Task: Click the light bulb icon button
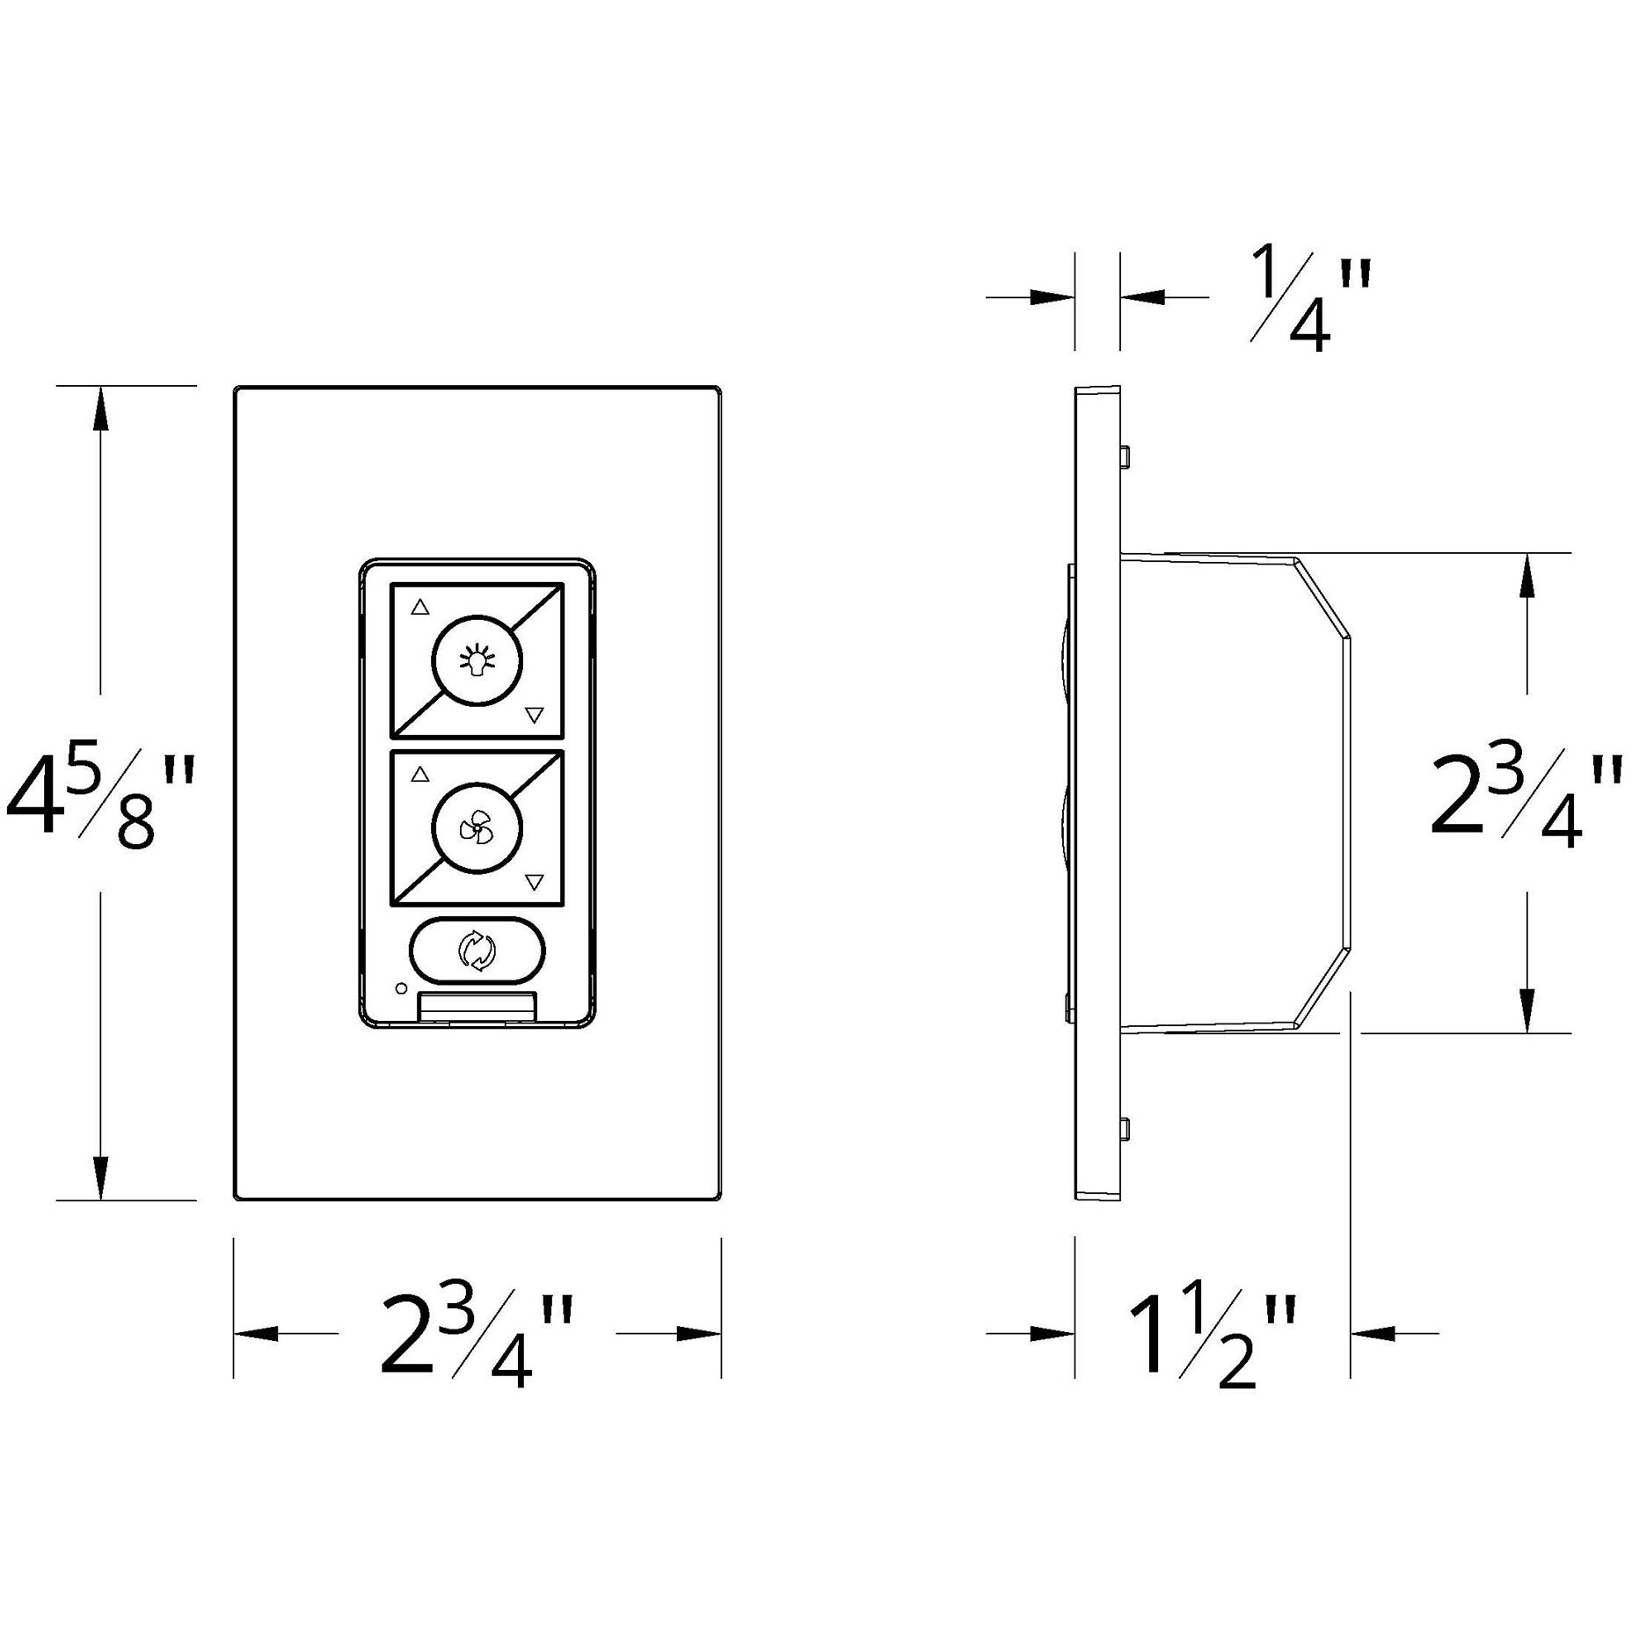[x=477, y=659]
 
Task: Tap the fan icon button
[x=477, y=827]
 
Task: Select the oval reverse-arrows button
[x=477, y=951]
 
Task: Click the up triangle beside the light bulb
[x=420, y=607]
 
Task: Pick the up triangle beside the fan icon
[x=420, y=775]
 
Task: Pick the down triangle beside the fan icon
[x=534, y=881]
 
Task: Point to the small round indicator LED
[x=401, y=988]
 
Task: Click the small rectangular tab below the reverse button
[x=477, y=1006]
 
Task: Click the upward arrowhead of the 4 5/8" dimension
[x=100, y=410]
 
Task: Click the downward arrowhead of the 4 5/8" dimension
[x=100, y=1177]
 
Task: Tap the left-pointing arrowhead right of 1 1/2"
[x=1372, y=1334]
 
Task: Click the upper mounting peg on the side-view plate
[x=1126, y=455]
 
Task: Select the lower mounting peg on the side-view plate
[x=1126, y=1129]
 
